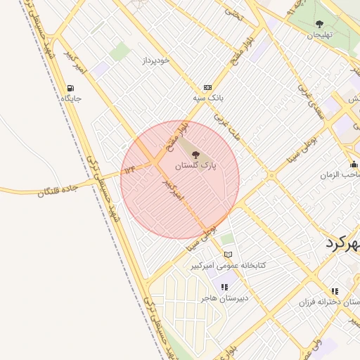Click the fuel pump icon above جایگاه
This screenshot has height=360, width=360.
(x=70, y=88)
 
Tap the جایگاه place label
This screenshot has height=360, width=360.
(x=71, y=98)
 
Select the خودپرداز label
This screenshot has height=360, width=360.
(x=155, y=60)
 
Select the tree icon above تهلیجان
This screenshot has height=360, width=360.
(x=322, y=23)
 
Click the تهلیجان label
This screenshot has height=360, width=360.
(x=322, y=34)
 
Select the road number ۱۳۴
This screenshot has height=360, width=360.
(x=129, y=170)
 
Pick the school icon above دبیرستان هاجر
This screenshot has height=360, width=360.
(x=224, y=287)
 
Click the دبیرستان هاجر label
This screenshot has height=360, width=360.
(x=224, y=298)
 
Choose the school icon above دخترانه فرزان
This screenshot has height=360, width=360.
(x=335, y=290)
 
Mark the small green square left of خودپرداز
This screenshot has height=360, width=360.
(x=120, y=51)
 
